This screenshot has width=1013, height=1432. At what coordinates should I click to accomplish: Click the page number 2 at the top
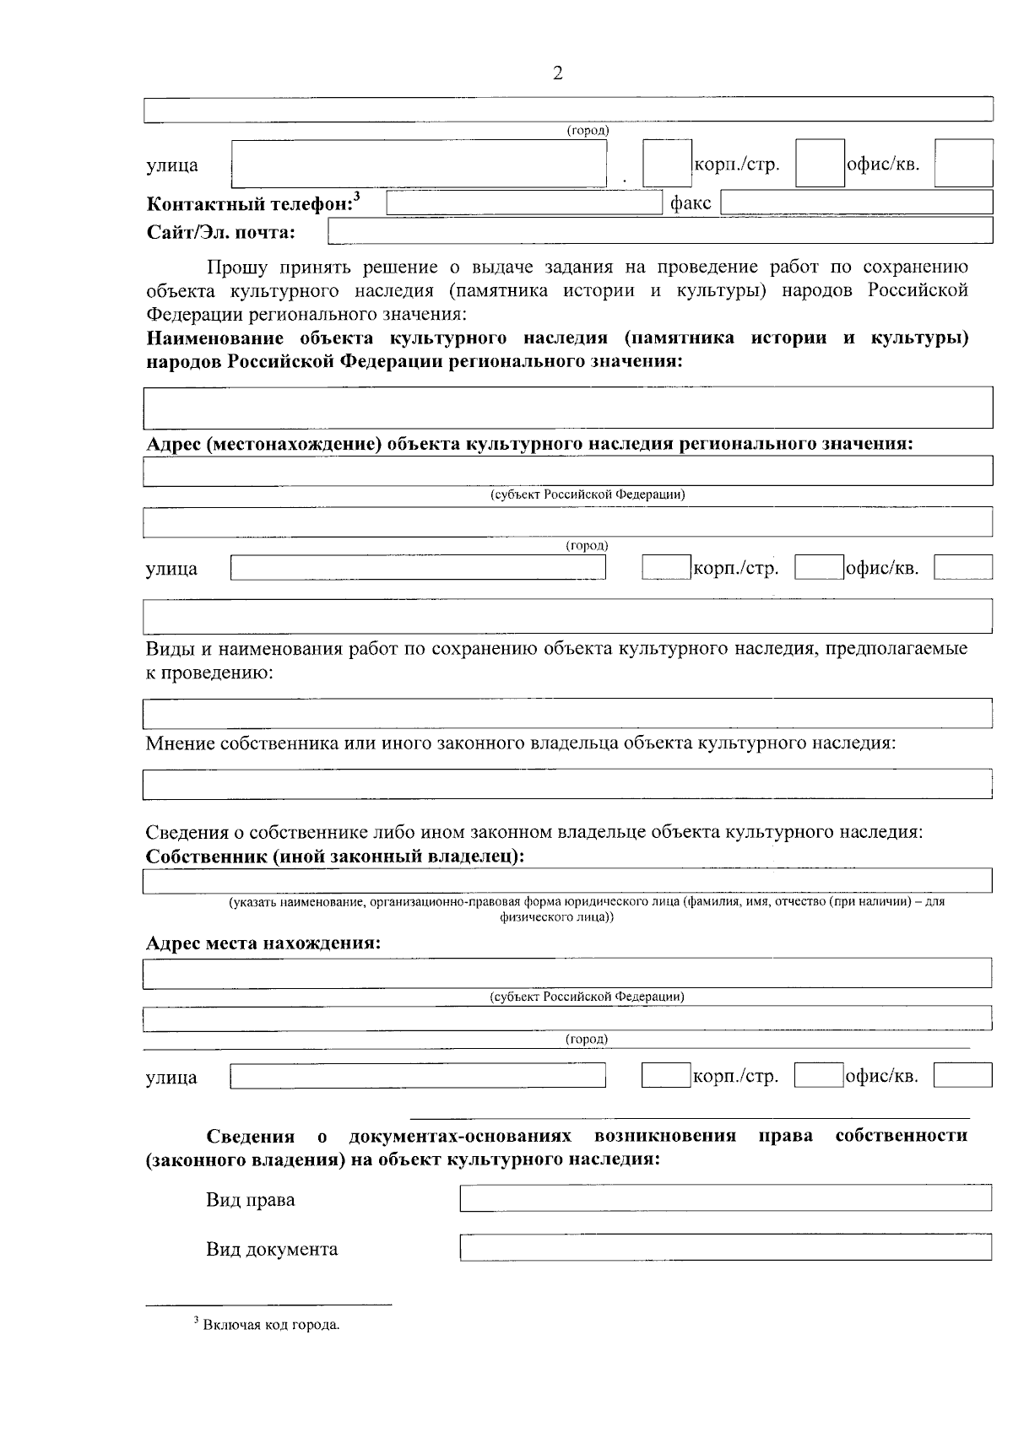click(557, 73)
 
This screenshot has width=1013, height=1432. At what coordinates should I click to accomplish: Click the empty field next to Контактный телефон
click(524, 203)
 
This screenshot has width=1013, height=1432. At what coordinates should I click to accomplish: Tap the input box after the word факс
click(856, 203)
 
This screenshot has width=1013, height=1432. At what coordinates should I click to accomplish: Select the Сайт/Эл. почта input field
click(659, 230)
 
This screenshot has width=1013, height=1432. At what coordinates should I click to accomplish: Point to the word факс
click(691, 203)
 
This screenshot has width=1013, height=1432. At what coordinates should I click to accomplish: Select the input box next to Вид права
click(725, 1198)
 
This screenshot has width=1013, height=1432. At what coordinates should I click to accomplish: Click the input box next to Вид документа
click(725, 1247)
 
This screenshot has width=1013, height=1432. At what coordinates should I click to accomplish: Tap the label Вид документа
click(272, 1249)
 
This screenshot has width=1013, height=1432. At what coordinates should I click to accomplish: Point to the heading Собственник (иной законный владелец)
click(335, 856)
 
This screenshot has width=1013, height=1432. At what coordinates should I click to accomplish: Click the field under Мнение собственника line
click(566, 784)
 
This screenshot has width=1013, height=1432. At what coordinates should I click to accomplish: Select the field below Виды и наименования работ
click(566, 713)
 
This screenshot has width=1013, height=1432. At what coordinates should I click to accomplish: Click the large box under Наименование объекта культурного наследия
click(566, 408)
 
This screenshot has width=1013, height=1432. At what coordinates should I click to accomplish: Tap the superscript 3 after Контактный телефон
click(356, 197)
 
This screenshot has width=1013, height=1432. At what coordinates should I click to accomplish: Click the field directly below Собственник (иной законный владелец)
click(566, 881)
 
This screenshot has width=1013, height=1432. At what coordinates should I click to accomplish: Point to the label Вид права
click(251, 1200)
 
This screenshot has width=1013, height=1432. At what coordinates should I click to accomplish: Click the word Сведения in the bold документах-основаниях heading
click(251, 1136)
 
